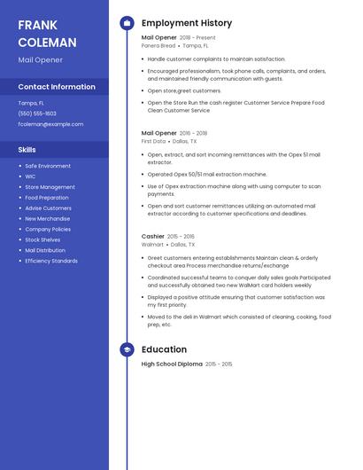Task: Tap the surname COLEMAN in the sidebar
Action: coord(47,43)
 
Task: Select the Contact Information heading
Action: coord(57,87)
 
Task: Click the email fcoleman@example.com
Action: coord(50,124)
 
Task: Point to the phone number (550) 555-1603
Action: coord(37,114)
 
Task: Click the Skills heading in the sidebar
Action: coord(27,150)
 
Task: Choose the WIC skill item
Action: coord(30,176)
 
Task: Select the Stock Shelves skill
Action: coord(42,239)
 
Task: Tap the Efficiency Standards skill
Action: coord(51,261)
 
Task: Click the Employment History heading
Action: coord(187,23)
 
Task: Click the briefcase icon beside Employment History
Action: coord(127,23)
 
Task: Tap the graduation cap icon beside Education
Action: coord(127,349)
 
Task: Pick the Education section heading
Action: coord(164,349)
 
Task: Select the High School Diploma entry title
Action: coord(172,364)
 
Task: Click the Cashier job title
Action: coord(152,237)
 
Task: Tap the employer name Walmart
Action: coord(152,245)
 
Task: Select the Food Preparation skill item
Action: coord(47,198)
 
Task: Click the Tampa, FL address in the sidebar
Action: coord(31,103)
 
